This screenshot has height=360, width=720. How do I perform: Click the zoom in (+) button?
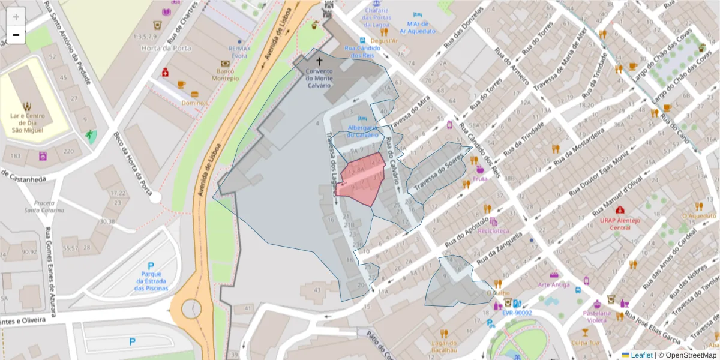tap(16, 17)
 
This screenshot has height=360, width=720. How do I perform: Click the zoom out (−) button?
tap(16, 35)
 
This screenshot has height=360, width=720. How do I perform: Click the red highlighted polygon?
tap(361, 177)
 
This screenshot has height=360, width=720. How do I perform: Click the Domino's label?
tap(195, 103)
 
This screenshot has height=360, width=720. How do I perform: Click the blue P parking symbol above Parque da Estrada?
tap(151, 266)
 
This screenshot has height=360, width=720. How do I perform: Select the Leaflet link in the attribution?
tap(641, 355)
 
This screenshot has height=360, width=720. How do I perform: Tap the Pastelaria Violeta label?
tap(596, 316)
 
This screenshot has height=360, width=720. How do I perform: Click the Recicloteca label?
tap(493, 230)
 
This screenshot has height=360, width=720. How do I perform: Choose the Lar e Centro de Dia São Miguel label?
tap(27, 122)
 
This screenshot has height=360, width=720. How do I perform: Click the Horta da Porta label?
tap(158, 48)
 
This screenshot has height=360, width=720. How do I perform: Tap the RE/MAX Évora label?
tap(239, 52)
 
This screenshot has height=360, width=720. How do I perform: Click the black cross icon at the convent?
tap(319, 61)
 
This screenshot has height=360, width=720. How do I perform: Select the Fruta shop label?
tap(480, 178)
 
